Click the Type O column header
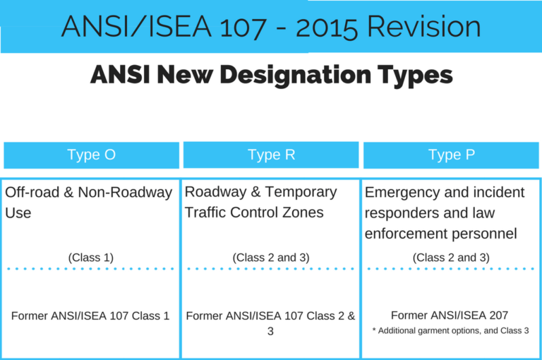[x=91, y=155]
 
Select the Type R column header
[x=271, y=155]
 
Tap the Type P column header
[x=452, y=155]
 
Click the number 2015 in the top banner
[x=327, y=27]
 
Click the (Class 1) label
[x=91, y=258]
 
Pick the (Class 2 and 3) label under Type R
[x=271, y=258]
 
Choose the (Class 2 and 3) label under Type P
[x=452, y=258]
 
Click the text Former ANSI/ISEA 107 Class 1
[x=91, y=316]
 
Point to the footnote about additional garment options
[x=451, y=330]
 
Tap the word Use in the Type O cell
[x=18, y=212]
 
